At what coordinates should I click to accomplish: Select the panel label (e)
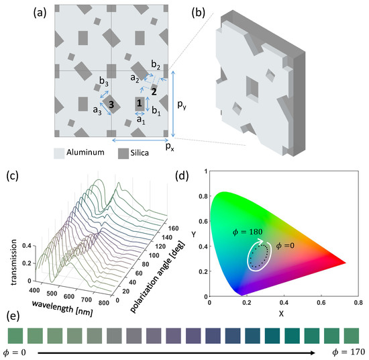[x=11, y=316]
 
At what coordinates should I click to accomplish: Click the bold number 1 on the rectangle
[x=139, y=103]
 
